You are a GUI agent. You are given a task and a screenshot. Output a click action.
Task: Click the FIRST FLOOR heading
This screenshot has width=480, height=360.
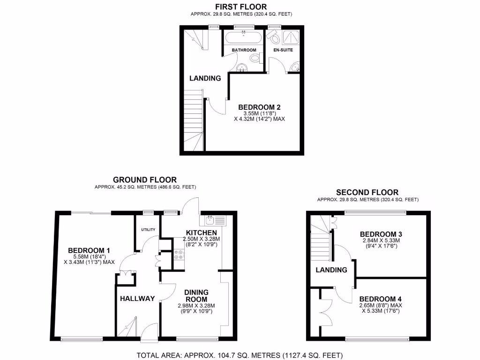(x=240, y=7)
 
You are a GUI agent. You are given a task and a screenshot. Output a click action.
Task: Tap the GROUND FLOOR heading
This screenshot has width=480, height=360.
(x=145, y=180)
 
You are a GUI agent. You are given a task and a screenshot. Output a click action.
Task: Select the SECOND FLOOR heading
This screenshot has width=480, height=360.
(x=367, y=192)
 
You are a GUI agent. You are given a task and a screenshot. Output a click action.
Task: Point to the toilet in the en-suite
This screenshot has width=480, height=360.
(x=273, y=37)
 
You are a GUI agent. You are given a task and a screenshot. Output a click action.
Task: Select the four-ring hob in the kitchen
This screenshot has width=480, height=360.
(x=179, y=255)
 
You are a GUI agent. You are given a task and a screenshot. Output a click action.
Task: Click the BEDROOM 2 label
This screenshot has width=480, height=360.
(x=259, y=106)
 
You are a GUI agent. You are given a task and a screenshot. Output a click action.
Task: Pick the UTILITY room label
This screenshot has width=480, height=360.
(x=148, y=229)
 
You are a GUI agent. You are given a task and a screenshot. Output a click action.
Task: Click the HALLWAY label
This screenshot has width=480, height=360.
(x=137, y=299)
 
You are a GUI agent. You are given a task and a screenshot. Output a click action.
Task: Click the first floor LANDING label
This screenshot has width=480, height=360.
(x=205, y=78)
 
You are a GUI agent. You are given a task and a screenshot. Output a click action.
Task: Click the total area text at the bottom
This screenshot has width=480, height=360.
(x=240, y=354)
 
